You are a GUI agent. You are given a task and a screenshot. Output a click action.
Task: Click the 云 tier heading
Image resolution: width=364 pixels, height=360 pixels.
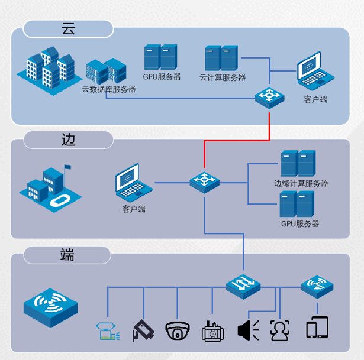tap(69, 28)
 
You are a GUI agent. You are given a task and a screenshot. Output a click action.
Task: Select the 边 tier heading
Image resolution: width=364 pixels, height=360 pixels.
tap(69, 140)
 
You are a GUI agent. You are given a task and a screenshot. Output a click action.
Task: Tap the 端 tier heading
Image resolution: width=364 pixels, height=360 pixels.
tap(67, 255)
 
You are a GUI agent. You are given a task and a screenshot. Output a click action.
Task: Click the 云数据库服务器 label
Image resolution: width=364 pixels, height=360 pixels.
tap(109, 90)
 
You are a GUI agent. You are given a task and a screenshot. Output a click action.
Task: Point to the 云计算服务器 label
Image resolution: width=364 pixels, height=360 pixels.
tap(222, 77)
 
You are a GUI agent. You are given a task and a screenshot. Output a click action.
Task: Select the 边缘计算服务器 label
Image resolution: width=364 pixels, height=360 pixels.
tap(301, 183)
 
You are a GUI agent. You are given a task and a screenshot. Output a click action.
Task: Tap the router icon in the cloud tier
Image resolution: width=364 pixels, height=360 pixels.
tap(270, 96)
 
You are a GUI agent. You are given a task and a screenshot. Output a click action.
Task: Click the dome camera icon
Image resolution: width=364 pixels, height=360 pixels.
tap(177, 330)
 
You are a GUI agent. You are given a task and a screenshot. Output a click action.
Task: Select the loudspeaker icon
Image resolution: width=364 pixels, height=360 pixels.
tap(248, 329)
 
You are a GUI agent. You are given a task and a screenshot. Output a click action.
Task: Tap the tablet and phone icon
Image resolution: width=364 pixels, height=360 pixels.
tap(317, 327)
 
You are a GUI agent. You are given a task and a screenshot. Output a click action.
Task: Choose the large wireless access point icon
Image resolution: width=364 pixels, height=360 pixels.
tap(50, 307)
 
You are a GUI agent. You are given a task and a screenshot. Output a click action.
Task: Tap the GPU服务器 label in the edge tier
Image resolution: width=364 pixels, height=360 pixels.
tap(300, 224)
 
